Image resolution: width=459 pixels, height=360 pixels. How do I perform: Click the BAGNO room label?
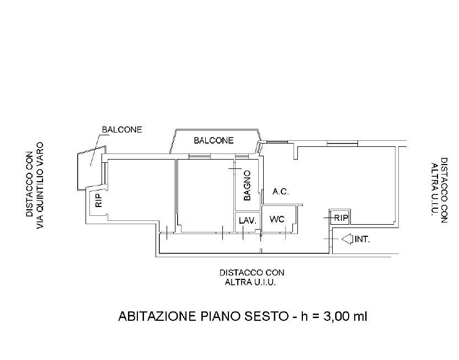pyautogui.click(x=247, y=186)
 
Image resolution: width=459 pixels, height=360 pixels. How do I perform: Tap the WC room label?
pyautogui.click(x=276, y=219)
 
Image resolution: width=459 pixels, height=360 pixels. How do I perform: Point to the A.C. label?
pyautogui.click(x=280, y=192)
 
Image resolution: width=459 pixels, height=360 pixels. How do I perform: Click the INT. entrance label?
pyautogui.click(x=362, y=239)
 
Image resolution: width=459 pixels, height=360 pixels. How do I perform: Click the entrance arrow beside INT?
pyautogui.click(x=347, y=239)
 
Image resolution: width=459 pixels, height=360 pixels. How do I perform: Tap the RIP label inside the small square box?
pyautogui.click(x=341, y=218)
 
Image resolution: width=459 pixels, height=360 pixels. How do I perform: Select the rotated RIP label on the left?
pyautogui.click(x=99, y=200)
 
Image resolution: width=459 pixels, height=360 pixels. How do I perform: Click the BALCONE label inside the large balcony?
pyautogui.click(x=214, y=141)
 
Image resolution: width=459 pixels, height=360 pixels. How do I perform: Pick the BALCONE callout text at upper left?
pyautogui.click(x=122, y=130)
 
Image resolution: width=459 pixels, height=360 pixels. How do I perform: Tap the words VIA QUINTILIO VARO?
pyautogui.click(x=40, y=186)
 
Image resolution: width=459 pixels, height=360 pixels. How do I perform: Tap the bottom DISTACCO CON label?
pyautogui.click(x=252, y=273)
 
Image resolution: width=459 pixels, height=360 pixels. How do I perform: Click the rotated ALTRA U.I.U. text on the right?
pyautogui.click(x=434, y=189)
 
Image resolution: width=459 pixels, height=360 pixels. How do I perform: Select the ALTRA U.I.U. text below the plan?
pyautogui.click(x=250, y=283)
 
